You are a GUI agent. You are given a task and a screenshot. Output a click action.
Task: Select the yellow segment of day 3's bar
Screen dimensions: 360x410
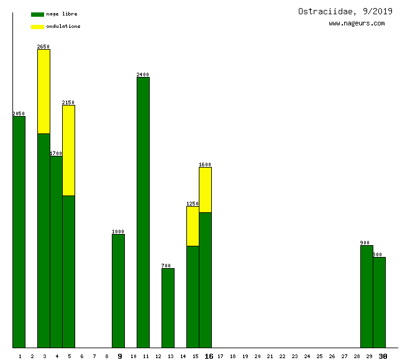(x=43, y=91)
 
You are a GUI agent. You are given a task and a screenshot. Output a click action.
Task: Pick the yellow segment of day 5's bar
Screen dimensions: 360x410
(x=68, y=150)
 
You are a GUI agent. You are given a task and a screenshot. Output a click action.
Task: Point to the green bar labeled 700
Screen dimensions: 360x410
(x=168, y=308)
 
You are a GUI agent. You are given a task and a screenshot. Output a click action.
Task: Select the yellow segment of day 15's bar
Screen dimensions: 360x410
(x=193, y=226)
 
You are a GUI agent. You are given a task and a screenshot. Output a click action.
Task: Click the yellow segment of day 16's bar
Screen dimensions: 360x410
(x=205, y=189)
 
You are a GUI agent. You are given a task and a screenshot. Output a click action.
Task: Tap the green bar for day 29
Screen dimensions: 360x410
(x=367, y=296)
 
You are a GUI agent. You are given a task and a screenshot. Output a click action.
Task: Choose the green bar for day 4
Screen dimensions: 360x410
(x=56, y=251)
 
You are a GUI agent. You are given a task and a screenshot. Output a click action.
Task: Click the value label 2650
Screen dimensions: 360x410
(x=43, y=47)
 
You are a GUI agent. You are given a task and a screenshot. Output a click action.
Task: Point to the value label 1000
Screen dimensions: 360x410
(x=118, y=232)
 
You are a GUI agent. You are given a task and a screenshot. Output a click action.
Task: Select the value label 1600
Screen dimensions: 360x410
(x=205, y=164)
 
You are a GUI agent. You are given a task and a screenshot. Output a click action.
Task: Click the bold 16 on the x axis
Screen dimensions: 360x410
(x=209, y=356)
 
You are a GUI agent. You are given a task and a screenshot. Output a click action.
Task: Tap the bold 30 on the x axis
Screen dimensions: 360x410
(x=383, y=356)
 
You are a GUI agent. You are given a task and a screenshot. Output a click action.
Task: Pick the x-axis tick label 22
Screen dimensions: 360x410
(x=282, y=356)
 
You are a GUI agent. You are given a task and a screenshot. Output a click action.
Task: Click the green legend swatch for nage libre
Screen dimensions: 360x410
(x=37, y=14)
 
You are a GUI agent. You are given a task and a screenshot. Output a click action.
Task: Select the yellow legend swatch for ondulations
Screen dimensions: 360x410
(x=37, y=27)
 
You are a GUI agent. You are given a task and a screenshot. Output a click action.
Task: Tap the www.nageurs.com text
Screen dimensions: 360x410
(x=357, y=24)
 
